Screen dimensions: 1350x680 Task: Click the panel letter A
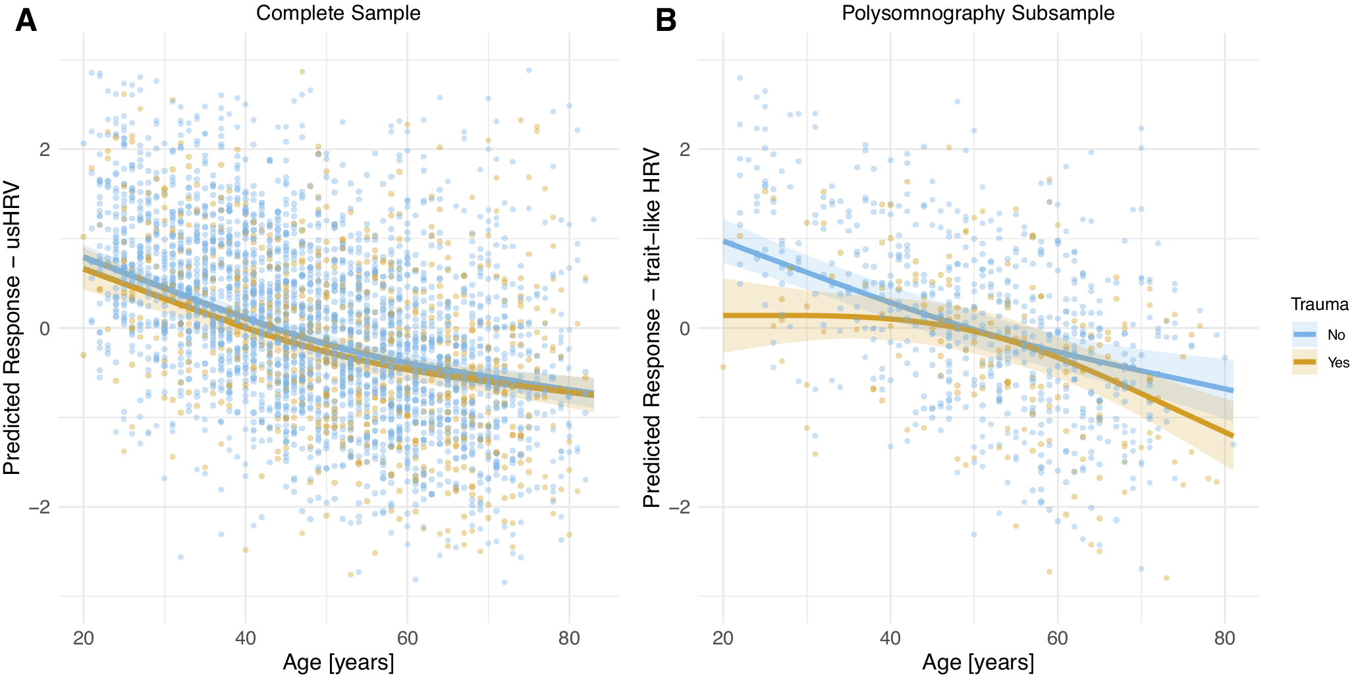(26, 20)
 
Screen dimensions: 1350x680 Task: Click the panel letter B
(666, 20)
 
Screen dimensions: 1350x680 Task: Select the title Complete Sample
(338, 13)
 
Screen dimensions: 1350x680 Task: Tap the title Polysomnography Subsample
(978, 13)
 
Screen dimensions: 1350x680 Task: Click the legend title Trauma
(1320, 304)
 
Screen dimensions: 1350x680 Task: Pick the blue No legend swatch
(1304, 334)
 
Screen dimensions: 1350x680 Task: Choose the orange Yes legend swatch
(1304, 362)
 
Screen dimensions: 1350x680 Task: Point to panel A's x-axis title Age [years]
(338, 662)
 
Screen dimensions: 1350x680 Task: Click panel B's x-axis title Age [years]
(978, 662)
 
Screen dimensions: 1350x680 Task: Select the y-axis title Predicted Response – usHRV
(12, 328)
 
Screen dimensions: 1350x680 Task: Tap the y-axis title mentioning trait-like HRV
(651, 328)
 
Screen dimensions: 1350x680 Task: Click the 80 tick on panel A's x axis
(569, 638)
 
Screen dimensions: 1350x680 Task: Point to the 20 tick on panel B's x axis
(723, 638)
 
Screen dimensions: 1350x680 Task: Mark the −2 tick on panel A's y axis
(39, 508)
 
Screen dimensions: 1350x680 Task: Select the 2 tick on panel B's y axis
(685, 149)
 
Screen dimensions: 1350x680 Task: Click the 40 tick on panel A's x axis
(246, 638)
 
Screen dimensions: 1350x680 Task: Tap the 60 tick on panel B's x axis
(1058, 638)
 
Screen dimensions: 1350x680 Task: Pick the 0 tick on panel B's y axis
(685, 328)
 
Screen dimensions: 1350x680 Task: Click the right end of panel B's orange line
(1232, 435)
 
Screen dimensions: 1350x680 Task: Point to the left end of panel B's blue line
(724, 242)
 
